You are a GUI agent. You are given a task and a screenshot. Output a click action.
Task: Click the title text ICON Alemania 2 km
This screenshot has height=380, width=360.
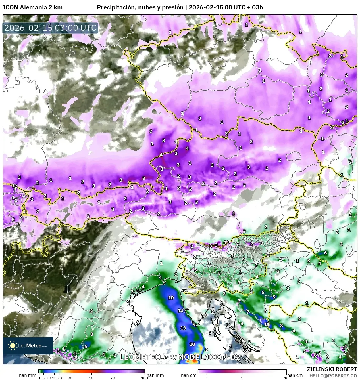pos(32,7)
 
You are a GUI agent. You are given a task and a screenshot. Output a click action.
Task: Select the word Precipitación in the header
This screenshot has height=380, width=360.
pos(115,7)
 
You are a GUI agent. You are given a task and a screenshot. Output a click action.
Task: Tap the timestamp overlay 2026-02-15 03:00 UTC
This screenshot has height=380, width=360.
pos(50,28)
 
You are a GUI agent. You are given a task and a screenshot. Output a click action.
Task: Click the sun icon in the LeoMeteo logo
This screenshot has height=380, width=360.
pos(13,346)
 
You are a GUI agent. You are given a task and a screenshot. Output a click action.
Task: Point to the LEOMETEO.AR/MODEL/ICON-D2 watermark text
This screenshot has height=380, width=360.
pos(180,357)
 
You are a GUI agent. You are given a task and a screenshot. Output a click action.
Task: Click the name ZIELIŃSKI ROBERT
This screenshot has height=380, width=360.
pos(332,369)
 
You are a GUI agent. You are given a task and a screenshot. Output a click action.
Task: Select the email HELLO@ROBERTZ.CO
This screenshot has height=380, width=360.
pos(333,376)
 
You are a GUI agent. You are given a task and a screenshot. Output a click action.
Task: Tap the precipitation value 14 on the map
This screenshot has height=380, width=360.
pos(180,310)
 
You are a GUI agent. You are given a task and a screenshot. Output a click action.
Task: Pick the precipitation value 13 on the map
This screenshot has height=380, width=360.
pos(183,328)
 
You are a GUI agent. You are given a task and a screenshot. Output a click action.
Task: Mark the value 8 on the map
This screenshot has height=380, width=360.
pos(281,326)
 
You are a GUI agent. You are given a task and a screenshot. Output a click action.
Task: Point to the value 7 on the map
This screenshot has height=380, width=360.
pos(247,312)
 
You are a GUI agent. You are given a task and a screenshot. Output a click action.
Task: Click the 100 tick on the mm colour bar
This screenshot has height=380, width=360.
pos(145,378)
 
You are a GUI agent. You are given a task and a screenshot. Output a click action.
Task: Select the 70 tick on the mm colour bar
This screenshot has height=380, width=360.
pos(113,378)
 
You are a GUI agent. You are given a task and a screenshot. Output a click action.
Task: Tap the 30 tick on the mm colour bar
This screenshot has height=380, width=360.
pos(70,378)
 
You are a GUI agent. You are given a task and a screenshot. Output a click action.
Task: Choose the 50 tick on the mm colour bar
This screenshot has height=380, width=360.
pos(91,378)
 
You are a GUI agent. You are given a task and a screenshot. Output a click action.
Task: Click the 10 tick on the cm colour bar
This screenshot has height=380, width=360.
pos(286,378)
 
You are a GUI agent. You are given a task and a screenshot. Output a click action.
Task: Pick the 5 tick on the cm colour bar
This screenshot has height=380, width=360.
pos(242,378)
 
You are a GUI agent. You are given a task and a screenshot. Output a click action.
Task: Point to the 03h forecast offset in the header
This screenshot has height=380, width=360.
pos(257,7)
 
